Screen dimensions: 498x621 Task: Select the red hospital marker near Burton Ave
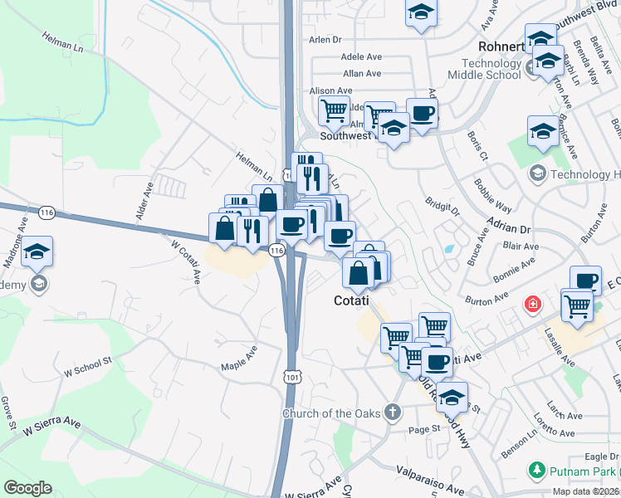(532, 305)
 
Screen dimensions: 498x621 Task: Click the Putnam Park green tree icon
(536, 471)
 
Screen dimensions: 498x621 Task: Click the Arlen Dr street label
(325, 39)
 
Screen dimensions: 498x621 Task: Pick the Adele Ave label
(361, 57)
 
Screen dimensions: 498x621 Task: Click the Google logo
(27, 488)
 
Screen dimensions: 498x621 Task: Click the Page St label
(423, 429)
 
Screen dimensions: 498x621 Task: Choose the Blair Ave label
(522, 247)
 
